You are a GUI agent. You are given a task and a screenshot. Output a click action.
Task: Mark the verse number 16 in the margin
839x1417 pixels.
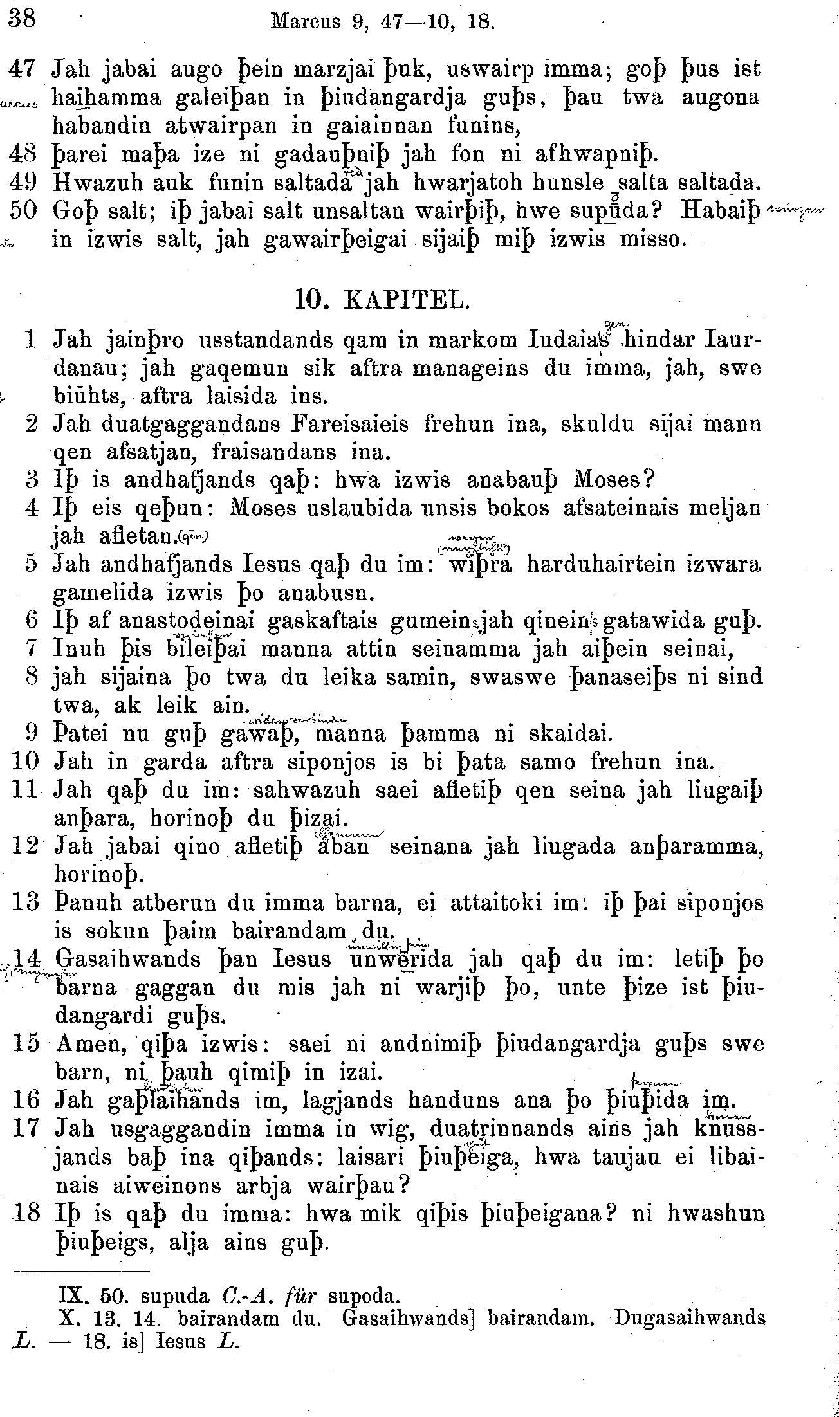(26, 1101)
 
